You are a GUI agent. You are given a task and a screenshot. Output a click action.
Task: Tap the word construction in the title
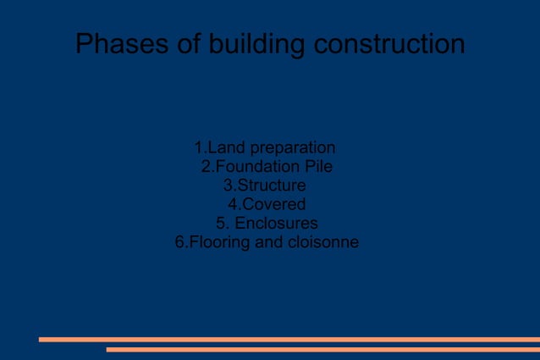click(x=388, y=43)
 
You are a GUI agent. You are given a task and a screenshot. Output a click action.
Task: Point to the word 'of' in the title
click(x=183, y=43)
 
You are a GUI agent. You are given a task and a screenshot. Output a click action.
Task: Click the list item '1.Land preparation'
click(x=265, y=148)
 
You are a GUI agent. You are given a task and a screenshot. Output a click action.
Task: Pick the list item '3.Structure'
click(x=264, y=186)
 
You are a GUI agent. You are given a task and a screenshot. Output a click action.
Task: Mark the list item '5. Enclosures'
click(x=267, y=224)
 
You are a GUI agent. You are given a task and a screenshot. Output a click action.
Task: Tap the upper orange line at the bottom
click(x=289, y=339)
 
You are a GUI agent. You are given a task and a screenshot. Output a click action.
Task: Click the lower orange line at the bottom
click(x=322, y=349)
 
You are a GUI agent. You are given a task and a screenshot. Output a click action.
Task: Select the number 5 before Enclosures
click(x=221, y=224)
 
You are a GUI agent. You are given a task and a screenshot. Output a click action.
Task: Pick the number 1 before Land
click(x=198, y=148)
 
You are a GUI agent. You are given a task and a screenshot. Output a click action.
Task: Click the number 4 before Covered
click(x=234, y=204)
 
